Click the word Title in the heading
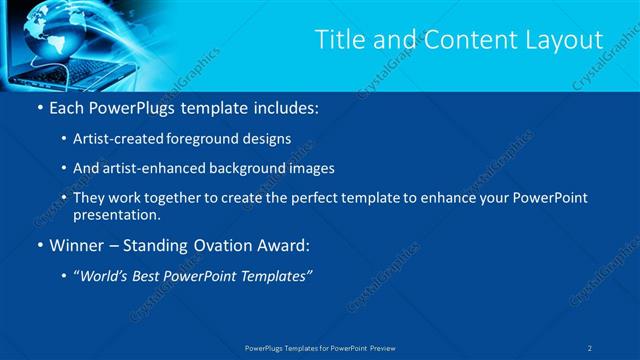pos(339,40)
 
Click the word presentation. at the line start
pos(117,214)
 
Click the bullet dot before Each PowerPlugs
pos(38,107)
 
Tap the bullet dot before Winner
pos(38,244)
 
